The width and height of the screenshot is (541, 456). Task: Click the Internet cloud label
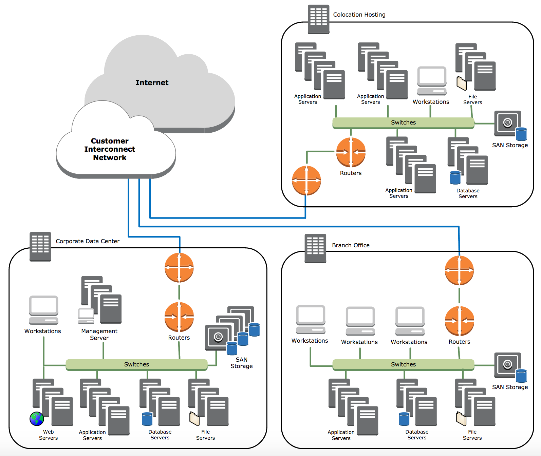pos(152,82)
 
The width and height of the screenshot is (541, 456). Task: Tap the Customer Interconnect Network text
pos(110,149)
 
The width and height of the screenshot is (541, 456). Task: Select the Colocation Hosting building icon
pos(318,19)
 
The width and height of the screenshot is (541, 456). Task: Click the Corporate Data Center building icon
pos(40,246)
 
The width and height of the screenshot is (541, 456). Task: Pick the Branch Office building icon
pos(315,248)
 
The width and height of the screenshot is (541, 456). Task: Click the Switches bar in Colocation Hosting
pos(403,122)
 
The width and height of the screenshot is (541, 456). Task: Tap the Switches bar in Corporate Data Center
pos(136,364)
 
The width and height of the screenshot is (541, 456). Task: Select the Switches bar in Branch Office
pos(403,364)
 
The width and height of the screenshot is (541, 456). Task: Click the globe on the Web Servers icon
pos(37,419)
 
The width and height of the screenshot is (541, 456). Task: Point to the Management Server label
pos(99,335)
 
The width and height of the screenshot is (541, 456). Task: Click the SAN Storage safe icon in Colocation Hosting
pos(507,123)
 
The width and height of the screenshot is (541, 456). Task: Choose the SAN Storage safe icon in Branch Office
pos(507,365)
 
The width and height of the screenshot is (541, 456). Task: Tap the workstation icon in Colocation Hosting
pos(432,81)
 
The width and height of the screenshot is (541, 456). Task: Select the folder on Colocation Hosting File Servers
pos(462,83)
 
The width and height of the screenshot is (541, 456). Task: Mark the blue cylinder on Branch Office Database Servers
pos(404,419)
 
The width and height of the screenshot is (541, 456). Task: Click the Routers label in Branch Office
pos(459,342)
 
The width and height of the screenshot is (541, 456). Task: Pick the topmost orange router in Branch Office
pos(459,271)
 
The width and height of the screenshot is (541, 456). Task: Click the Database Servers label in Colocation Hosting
pos(468,193)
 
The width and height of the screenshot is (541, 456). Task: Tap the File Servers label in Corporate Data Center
pos(205,435)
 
